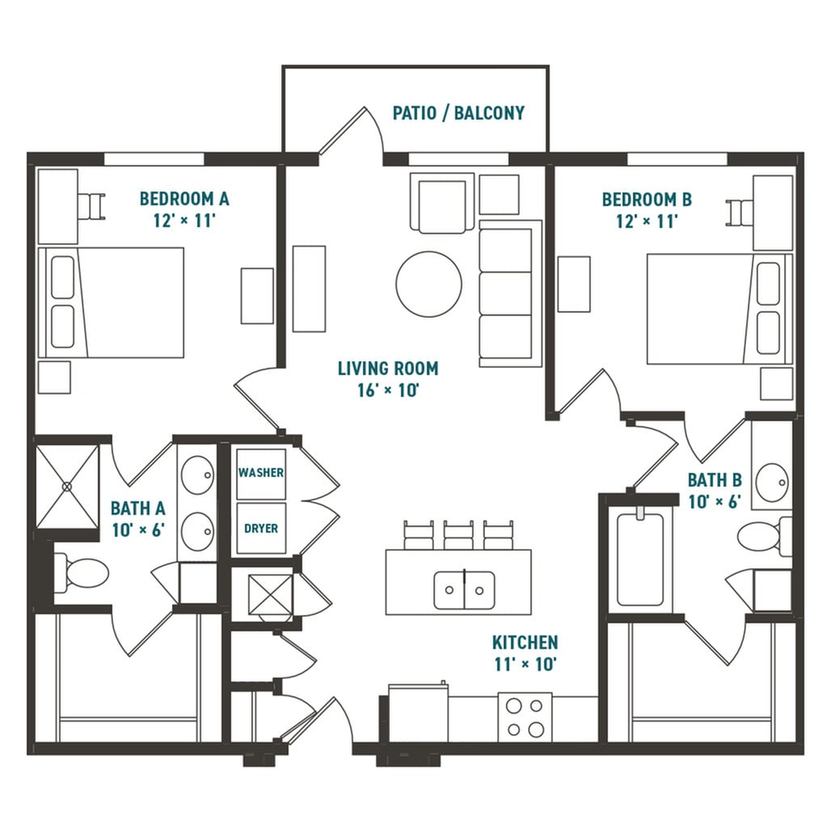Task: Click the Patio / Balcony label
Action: click(x=458, y=113)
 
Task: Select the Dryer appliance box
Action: click(x=261, y=529)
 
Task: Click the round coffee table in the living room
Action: click(x=428, y=284)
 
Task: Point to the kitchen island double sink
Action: click(x=464, y=590)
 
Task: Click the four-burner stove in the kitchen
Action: click(x=525, y=717)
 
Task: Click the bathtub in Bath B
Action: click(x=640, y=559)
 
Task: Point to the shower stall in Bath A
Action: click(x=67, y=487)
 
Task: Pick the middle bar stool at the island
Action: click(x=458, y=535)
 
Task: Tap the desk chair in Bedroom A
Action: click(x=92, y=206)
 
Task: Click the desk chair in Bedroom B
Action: click(x=740, y=212)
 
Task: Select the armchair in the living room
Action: click(x=442, y=203)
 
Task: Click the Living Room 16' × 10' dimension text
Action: click(x=389, y=390)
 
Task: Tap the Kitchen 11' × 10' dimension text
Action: click(x=525, y=664)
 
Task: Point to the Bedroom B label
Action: click(x=647, y=200)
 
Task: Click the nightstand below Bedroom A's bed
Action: click(x=55, y=378)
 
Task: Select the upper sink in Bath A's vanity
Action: click(x=198, y=475)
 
